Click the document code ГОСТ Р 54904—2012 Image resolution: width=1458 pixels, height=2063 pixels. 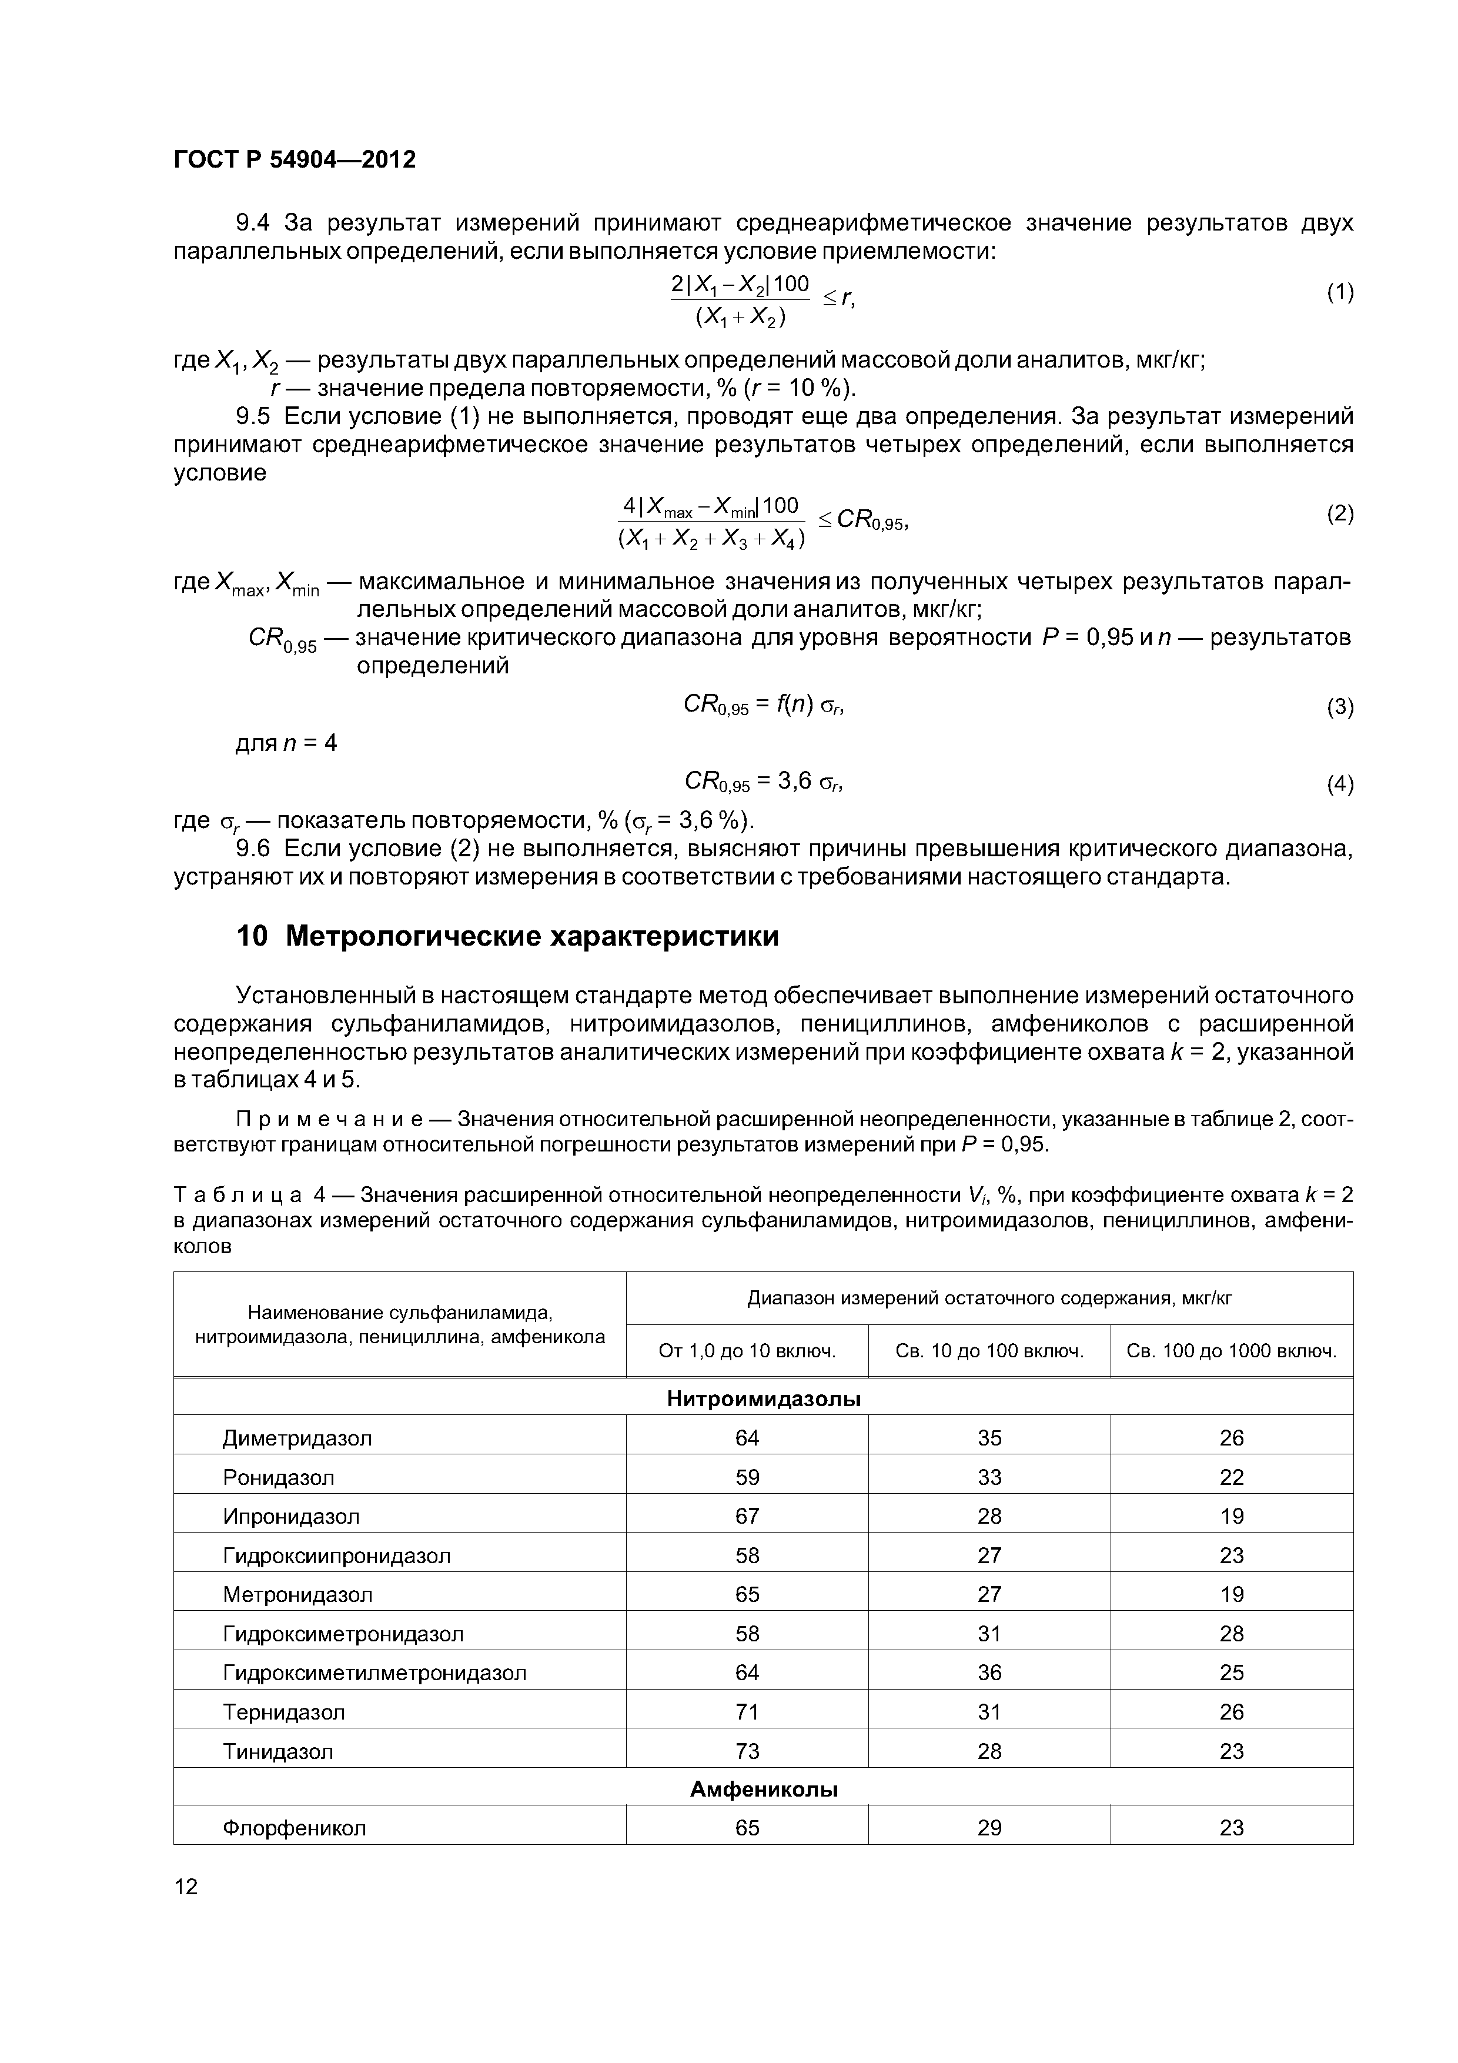click(x=294, y=160)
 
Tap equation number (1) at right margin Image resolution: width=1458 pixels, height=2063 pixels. click(x=1339, y=292)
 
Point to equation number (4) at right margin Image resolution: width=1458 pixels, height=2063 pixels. click(x=1339, y=785)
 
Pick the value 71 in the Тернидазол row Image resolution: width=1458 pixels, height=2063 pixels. click(x=747, y=1712)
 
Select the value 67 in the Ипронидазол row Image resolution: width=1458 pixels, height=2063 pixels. click(x=747, y=1516)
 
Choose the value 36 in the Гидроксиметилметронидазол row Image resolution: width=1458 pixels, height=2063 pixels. click(x=989, y=1672)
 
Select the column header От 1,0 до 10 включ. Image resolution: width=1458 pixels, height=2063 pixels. click(x=747, y=1350)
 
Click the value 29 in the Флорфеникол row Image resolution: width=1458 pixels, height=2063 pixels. click(x=989, y=1828)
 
